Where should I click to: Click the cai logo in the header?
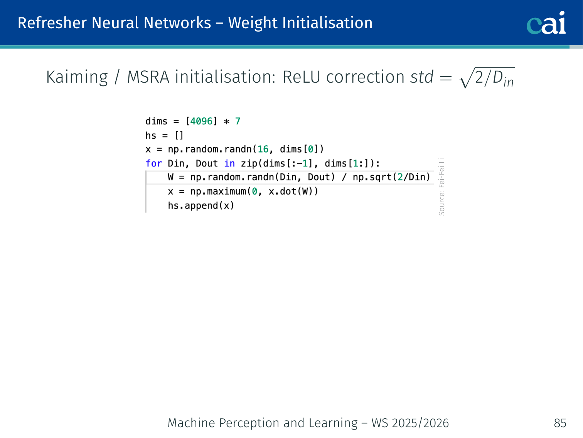(546, 23)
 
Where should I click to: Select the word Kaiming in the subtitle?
(77, 77)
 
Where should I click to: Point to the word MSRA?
(148, 77)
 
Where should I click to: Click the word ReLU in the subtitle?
(301, 77)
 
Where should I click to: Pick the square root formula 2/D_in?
(487, 78)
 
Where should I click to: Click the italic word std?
(421, 77)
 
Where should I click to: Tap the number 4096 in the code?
(201, 121)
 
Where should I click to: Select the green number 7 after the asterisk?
(238, 121)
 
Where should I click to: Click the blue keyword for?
(153, 163)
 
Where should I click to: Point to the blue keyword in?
(229, 163)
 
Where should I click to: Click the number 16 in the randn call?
(263, 149)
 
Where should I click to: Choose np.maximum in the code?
(218, 192)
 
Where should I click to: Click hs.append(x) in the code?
(201, 205)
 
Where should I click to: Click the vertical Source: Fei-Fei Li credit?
(442, 187)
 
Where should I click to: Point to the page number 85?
(560, 423)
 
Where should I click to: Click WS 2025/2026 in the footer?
(410, 423)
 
